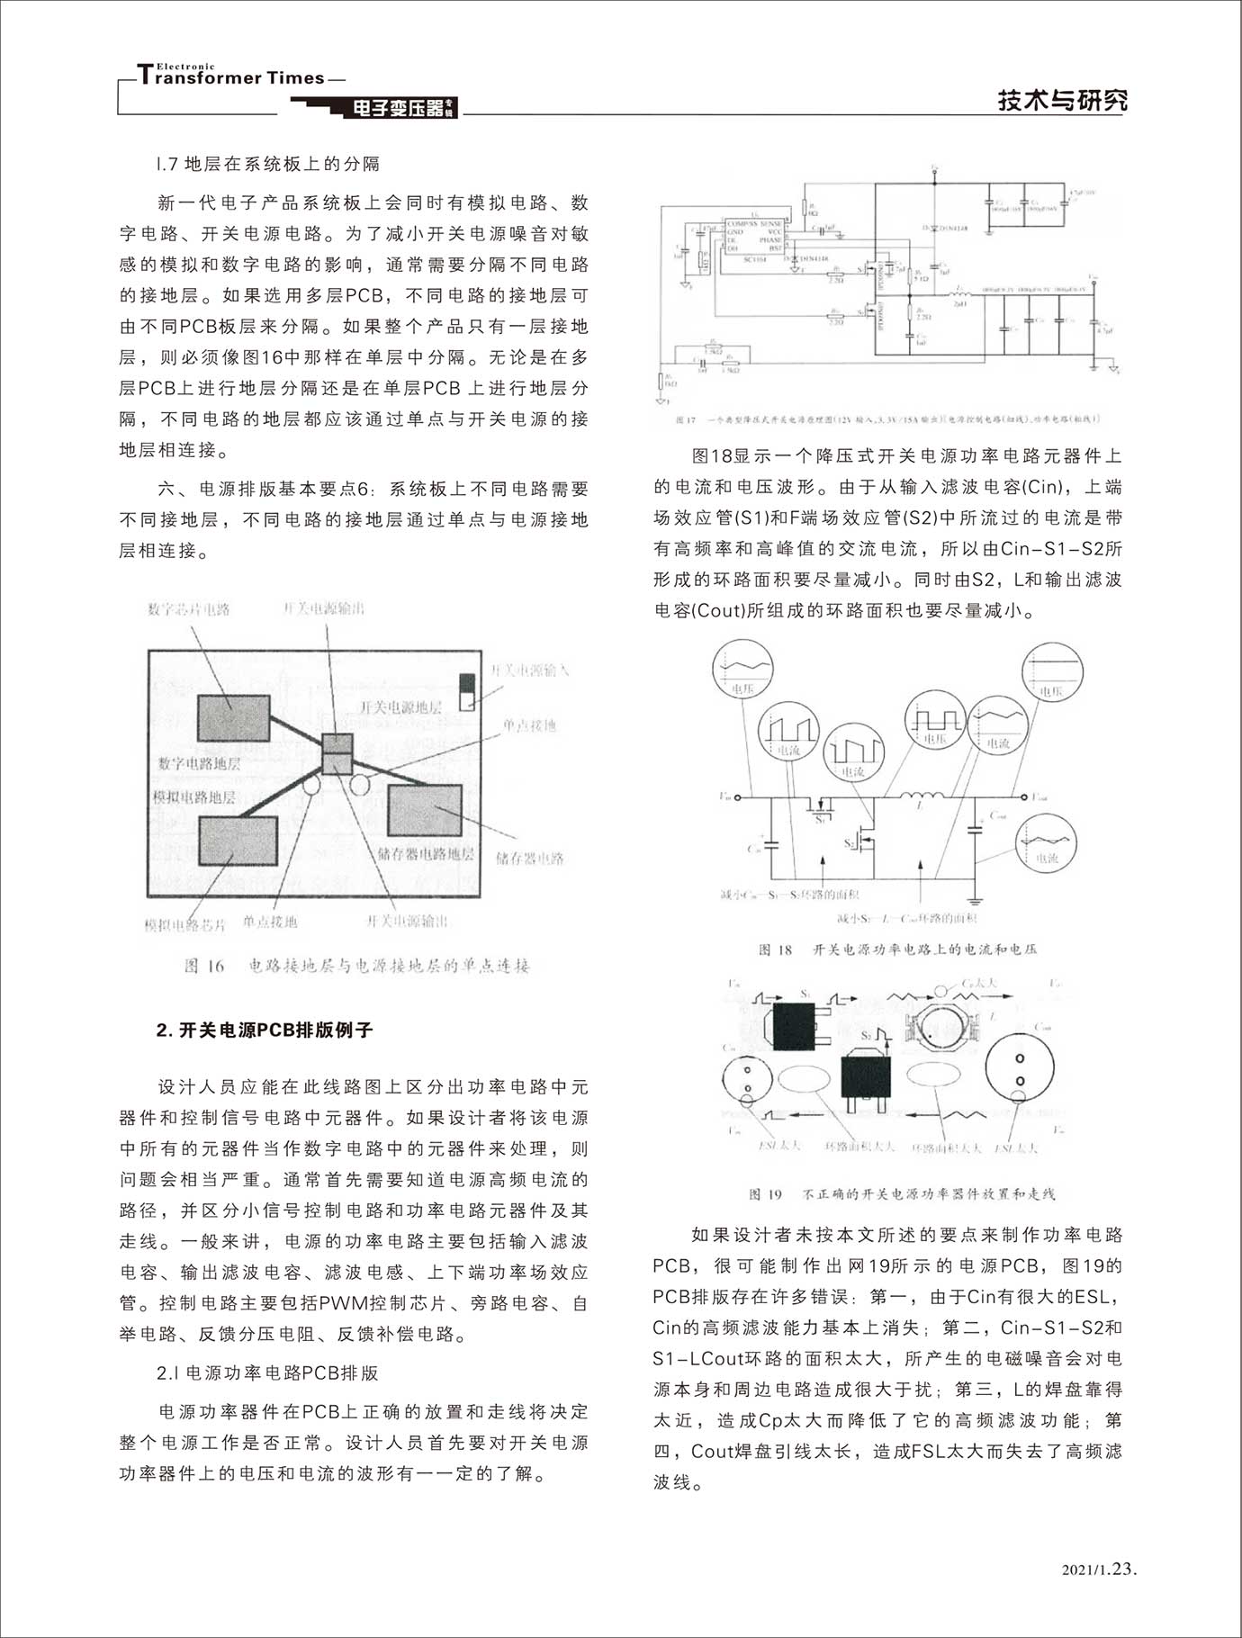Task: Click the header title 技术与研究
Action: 1061,100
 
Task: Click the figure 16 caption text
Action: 357,966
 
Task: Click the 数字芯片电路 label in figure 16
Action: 189,609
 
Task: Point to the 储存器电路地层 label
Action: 426,853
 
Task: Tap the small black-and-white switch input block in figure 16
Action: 466,692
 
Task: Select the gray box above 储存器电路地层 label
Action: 424,810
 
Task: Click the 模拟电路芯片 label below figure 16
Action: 185,924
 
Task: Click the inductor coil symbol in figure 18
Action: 918,796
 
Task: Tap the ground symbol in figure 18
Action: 976,899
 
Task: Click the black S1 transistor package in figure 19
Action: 794,1025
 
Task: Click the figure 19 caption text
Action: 902,1193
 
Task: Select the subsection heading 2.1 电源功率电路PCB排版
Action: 267,1373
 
